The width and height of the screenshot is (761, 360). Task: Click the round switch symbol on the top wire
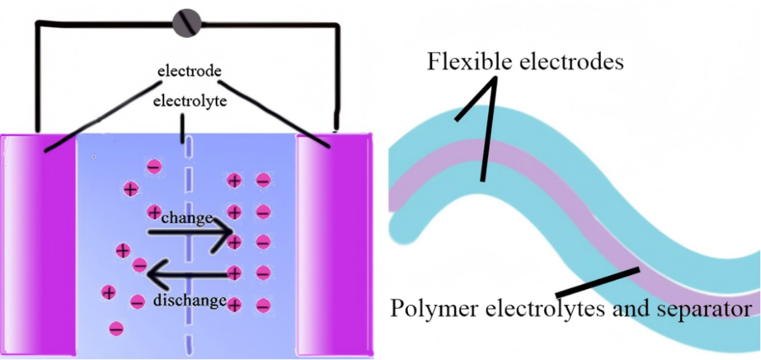pos(187,23)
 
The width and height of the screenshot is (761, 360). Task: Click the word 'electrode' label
pos(190,71)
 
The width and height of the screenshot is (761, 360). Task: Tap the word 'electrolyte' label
pos(190,101)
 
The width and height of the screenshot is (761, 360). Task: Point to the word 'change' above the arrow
pos(187,218)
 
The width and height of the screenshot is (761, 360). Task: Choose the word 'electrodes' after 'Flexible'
pos(574,62)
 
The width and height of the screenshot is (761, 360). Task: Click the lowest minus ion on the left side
pos(117,328)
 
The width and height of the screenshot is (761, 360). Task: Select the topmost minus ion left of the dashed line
pos(154,167)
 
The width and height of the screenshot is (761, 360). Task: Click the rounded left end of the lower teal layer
pos(404,225)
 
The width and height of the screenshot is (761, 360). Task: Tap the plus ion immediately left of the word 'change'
pos(154,211)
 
